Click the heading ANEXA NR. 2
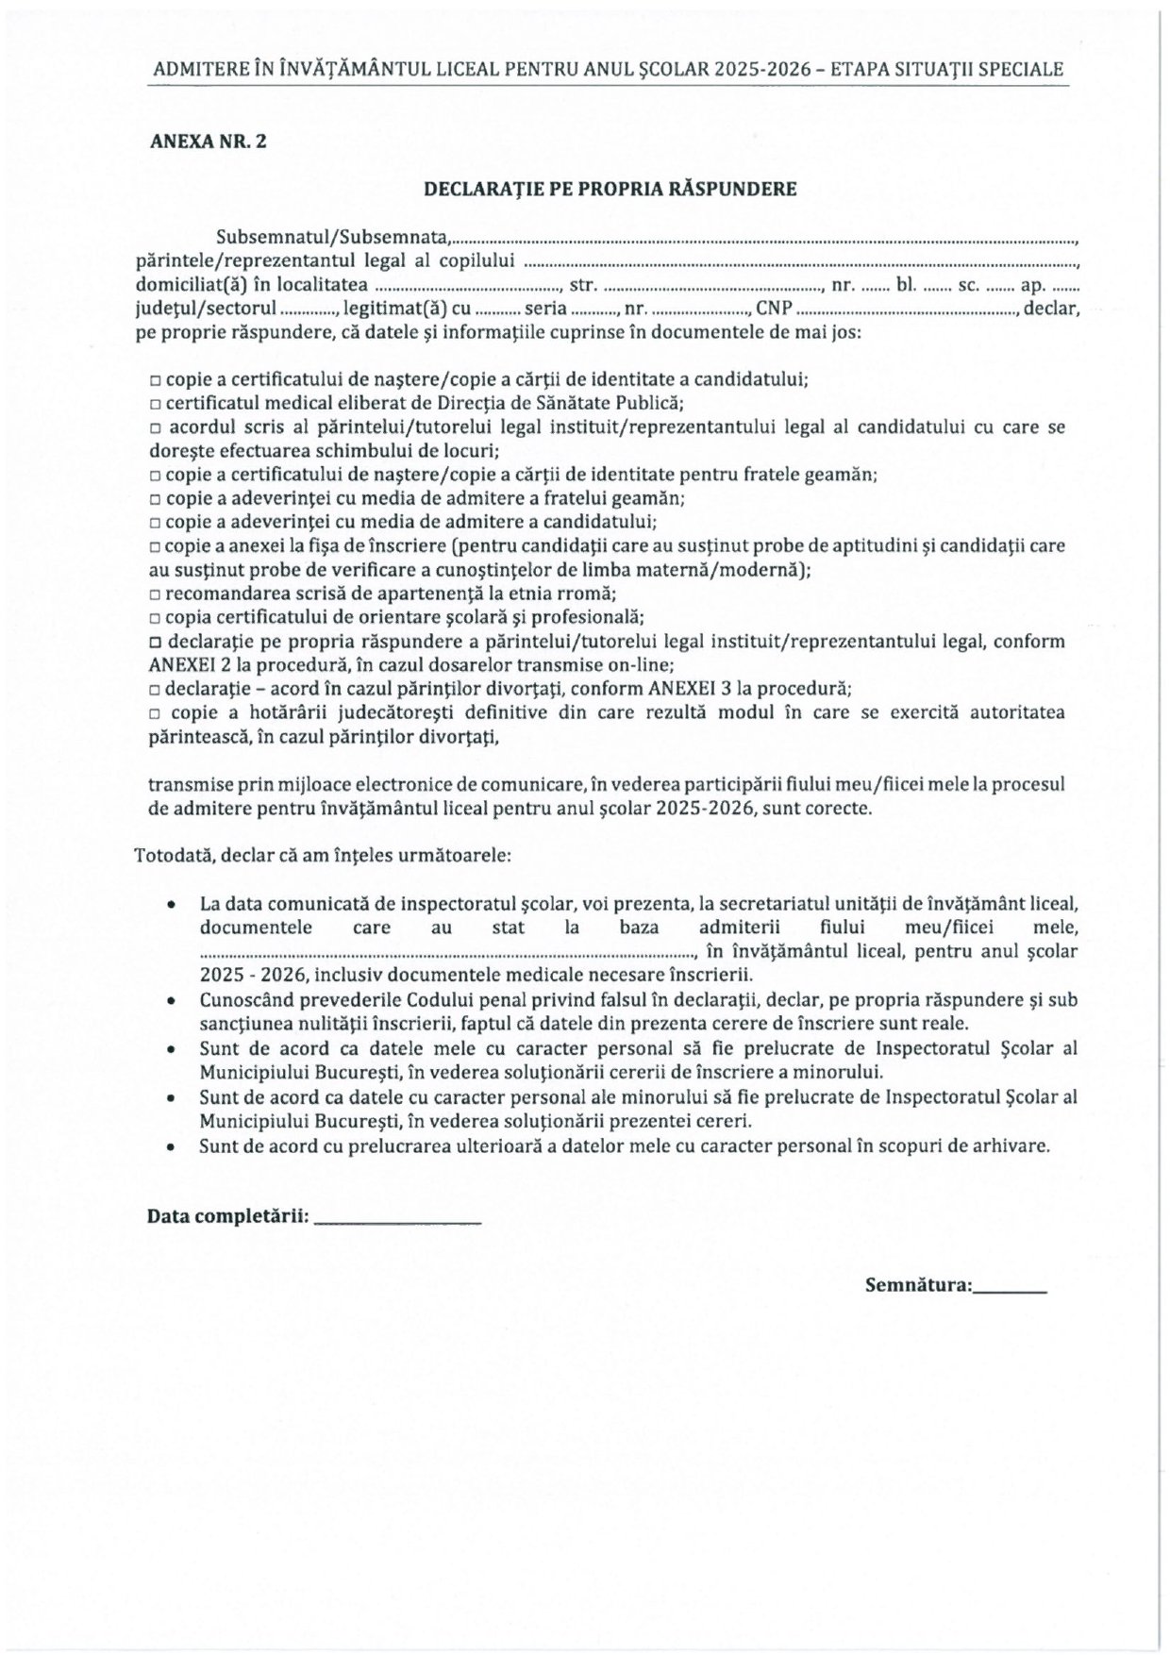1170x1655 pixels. click(x=208, y=142)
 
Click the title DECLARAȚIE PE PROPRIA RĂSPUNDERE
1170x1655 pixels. click(x=610, y=189)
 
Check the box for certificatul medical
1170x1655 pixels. click(x=155, y=405)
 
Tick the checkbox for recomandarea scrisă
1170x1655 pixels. click(x=155, y=595)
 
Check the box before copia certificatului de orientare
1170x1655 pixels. click(x=155, y=620)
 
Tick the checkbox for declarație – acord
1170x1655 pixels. click(x=155, y=690)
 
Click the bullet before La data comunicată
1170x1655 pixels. click(x=169, y=904)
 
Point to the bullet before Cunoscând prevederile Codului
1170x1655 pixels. click(x=169, y=1000)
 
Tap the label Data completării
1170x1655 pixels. click(x=227, y=1217)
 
